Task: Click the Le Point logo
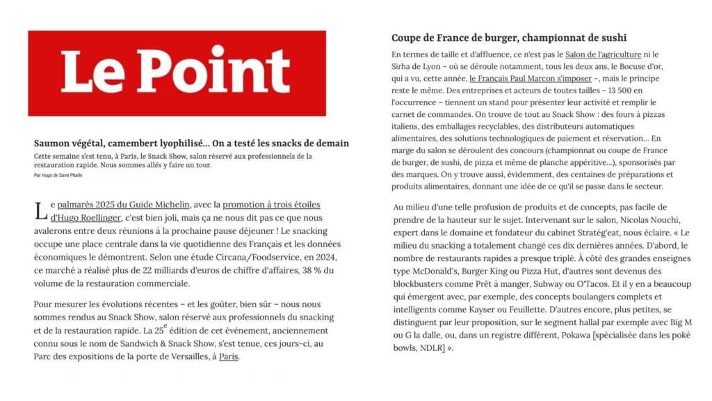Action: click(x=177, y=72)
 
